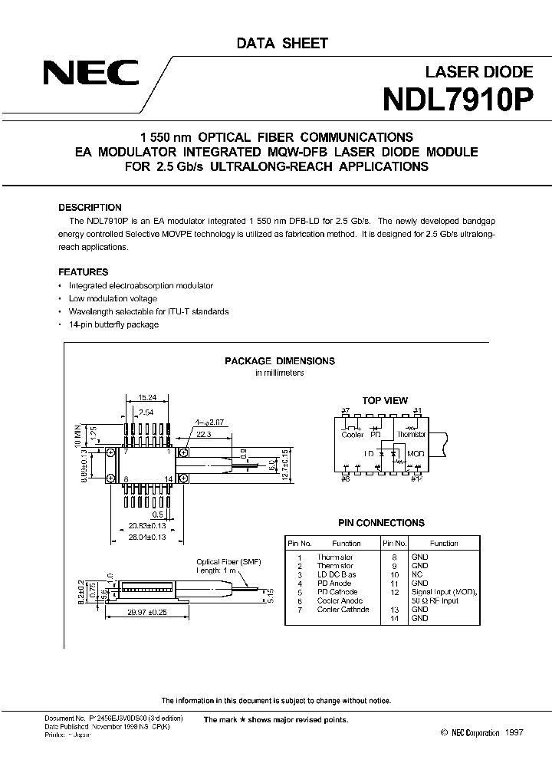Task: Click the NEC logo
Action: pyautogui.click(x=90, y=74)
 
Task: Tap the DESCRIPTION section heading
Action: pyautogui.click(x=90, y=208)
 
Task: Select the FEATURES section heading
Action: pyautogui.click(x=84, y=272)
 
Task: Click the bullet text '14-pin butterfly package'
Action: pyautogui.click(x=113, y=324)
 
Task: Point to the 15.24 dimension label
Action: pyautogui.click(x=147, y=398)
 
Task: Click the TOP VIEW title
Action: pyautogui.click(x=385, y=400)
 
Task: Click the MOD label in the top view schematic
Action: pyautogui.click(x=415, y=454)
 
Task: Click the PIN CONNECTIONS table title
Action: pyautogui.click(x=381, y=523)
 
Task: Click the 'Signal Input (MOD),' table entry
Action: pyautogui.click(x=443, y=592)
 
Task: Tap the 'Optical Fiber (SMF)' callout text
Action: pyautogui.click(x=228, y=562)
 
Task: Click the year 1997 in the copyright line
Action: pyautogui.click(x=514, y=734)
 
